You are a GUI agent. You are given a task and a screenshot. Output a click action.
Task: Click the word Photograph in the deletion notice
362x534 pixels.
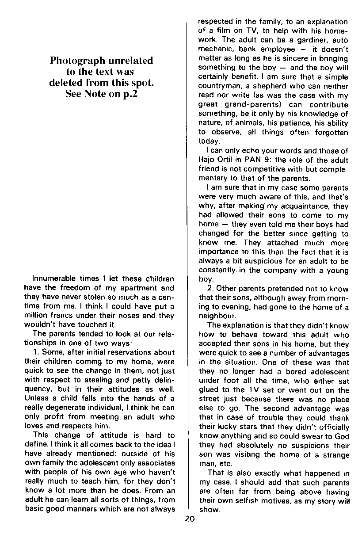coord(76,61)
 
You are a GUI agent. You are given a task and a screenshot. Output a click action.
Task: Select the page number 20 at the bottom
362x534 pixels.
coord(189,519)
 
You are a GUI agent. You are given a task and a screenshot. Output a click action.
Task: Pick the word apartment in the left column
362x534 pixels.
coord(132,288)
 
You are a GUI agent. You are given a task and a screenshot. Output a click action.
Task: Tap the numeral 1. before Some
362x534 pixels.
coord(37,352)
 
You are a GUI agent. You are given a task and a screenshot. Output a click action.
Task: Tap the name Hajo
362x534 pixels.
coord(206,160)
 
